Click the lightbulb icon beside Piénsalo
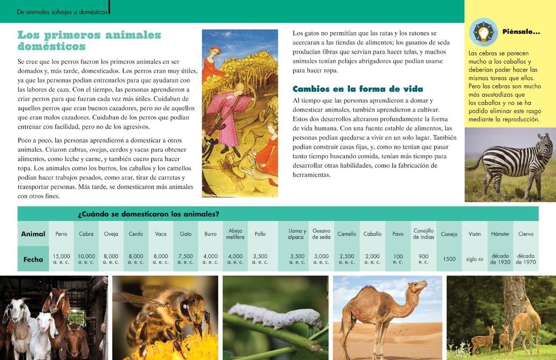coord(483,32)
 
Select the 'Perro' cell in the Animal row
coord(61,234)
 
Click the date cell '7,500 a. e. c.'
coord(186,259)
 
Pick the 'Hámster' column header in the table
coord(500,234)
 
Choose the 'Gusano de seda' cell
coord(321,234)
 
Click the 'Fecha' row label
coord(33,259)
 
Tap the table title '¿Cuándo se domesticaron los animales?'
coord(149,215)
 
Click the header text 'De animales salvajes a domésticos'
coord(62,12)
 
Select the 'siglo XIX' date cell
coord(475,259)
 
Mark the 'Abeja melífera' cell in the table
coord(235,234)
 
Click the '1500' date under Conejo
coord(449,259)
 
